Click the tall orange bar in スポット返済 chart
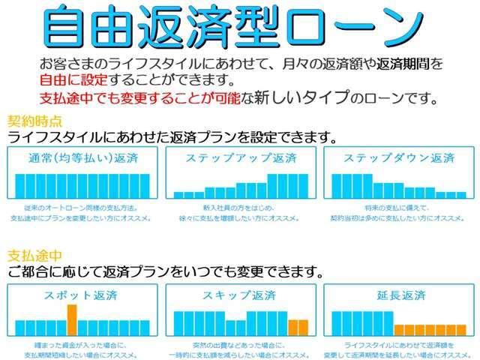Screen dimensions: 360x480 pos(72,319)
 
